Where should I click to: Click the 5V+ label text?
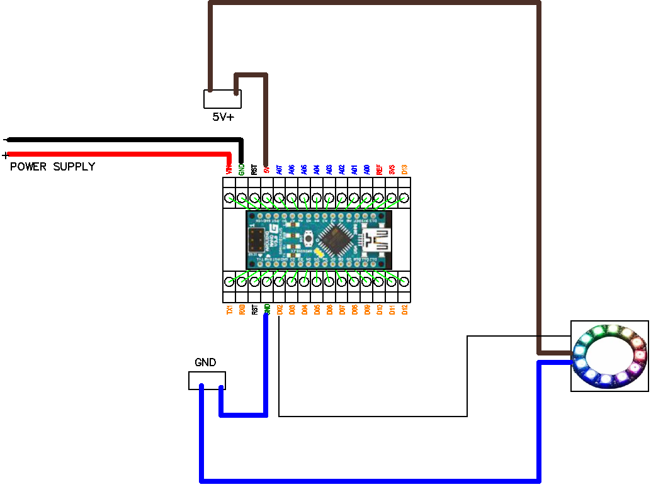[x=223, y=116]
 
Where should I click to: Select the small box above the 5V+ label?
[x=223, y=99]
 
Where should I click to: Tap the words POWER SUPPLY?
[x=52, y=167]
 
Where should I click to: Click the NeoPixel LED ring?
[x=609, y=355]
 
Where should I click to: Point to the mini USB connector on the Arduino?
[x=376, y=240]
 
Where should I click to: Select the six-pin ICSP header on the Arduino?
[x=256, y=240]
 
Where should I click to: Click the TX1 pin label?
[x=229, y=310]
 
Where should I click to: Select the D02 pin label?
[x=279, y=310]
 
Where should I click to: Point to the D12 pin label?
[x=405, y=310]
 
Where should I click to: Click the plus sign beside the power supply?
[x=6, y=155]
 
